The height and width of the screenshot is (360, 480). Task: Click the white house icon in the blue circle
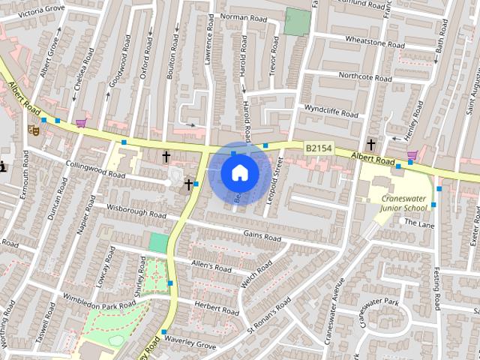[x=238, y=173]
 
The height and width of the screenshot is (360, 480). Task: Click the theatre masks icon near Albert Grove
[x=32, y=130]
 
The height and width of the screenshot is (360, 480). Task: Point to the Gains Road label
[x=262, y=237]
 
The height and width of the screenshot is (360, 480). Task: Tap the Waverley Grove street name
[x=193, y=346]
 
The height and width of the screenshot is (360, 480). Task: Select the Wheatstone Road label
[x=374, y=43]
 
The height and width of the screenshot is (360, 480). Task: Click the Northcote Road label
[x=360, y=76]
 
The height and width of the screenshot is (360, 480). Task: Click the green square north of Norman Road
[x=296, y=22]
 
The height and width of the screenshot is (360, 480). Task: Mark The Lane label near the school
[x=419, y=223]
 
